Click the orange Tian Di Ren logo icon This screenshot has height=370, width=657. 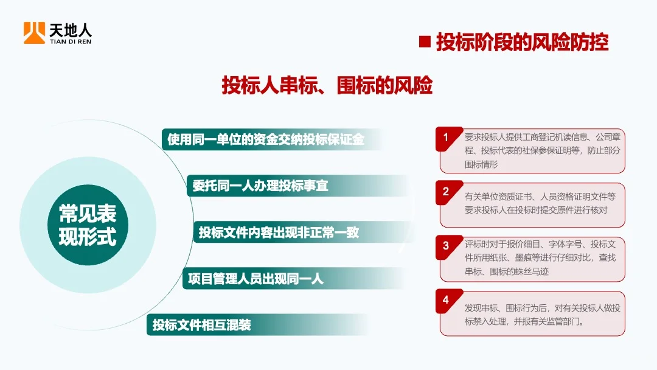pyautogui.click(x=34, y=33)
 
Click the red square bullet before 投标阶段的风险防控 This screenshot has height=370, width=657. pyautogui.click(x=425, y=42)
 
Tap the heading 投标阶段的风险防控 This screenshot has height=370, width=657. pyautogui.click(x=522, y=43)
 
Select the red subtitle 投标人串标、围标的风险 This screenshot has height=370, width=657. pyautogui.click(x=327, y=86)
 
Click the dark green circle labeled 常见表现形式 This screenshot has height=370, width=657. pyautogui.click(x=87, y=225)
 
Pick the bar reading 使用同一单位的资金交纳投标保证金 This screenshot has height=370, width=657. pyautogui.click(x=266, y=139)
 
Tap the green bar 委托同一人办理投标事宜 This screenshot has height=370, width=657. pyautogui.click(x=260, y=186)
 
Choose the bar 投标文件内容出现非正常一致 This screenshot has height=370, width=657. pyautogui.click(x=279, y=232)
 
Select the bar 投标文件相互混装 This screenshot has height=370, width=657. pyautogui.click(x=201, y=325)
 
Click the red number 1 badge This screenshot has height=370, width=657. pyautogui.click(x=446, y=138)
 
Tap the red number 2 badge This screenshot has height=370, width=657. pyautogui.click(x=446, y=192)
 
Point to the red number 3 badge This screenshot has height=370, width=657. pyautogui.click(x=446, y=246)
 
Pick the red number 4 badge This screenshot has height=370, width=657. pyautogui.click(x=446, y=300)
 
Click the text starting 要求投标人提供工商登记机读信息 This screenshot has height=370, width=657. pyautogui.click(x=541, y=150)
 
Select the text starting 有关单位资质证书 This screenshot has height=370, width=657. pyautogui.click(x=540, y=203)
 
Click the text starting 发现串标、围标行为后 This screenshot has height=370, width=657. pyautogui.click(x=541, y=315)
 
